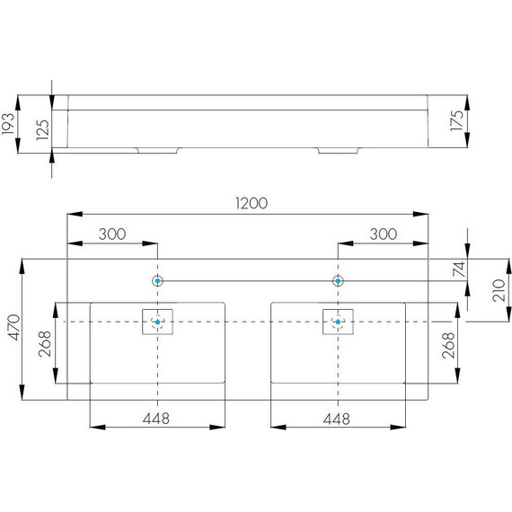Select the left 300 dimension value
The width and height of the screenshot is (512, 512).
pos(112,234)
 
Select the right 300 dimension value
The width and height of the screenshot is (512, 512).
pos(383,234)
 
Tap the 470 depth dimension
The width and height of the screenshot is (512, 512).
pos(12,330)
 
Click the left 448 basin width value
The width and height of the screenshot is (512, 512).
pos(156,419)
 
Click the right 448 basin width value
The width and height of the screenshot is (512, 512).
pos(337,419)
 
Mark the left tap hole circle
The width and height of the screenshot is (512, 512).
pos(158,281)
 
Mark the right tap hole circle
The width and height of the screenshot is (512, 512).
pos(338,281)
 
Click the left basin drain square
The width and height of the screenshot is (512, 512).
pos(158,322)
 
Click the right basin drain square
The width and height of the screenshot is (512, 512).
pos(338,322)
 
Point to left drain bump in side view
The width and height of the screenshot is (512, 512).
pos(158,149)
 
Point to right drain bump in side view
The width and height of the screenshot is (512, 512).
pos(338,149)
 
